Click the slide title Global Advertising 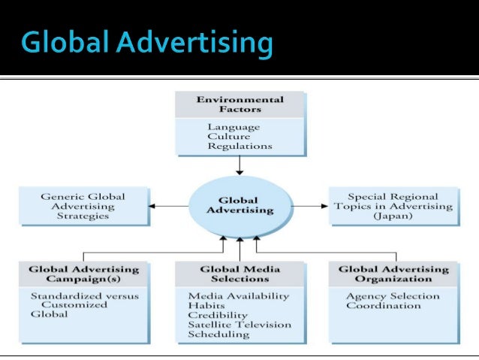pyautogui.click(x=146, y=42)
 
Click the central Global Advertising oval pyautogui.click(x=237, y=205)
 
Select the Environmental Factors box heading pyautogui.click(x=239, y=104)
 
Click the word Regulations pyautogui.click(x=239, y=147)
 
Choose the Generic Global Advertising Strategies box pyautogui.click(x=83, y=206)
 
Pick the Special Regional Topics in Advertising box pyautogui.click(x=392, y=206)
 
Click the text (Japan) pyautogui.click(x=391, y=216)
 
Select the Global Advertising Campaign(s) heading pyautogui.click(x=83, y=274)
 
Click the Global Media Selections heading pyautogui.click(x=239, y=274)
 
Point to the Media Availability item pyautogui.click(x=238, y=295)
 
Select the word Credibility pyautogui.click(x=215, y=316)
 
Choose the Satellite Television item pyautogui.click(x=238, y=325)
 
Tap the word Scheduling pyautogui.click(x=218, y=335)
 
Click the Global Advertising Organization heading pyautogui.click(x=393, y=274)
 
